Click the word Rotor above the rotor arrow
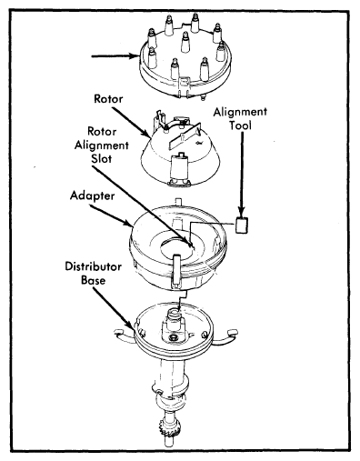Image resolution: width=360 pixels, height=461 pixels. [108, 99]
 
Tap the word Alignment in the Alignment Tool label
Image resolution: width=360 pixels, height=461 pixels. [240, 113]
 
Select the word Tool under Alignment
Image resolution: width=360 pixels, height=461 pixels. [240, 125]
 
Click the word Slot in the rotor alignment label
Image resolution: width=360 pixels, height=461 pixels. [102, 158]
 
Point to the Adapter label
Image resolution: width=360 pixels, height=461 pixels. [92, 195]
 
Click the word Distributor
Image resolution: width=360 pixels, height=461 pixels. [94, 266]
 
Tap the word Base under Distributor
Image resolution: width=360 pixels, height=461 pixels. [94, 280]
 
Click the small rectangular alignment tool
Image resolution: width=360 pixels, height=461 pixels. [242, 225]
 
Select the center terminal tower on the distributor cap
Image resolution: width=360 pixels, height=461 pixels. [185, 42]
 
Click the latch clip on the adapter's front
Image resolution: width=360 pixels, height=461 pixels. [177, 271]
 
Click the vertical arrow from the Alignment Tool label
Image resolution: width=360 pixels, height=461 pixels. [242, 174]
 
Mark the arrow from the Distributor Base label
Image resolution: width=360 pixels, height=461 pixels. [113, 308]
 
